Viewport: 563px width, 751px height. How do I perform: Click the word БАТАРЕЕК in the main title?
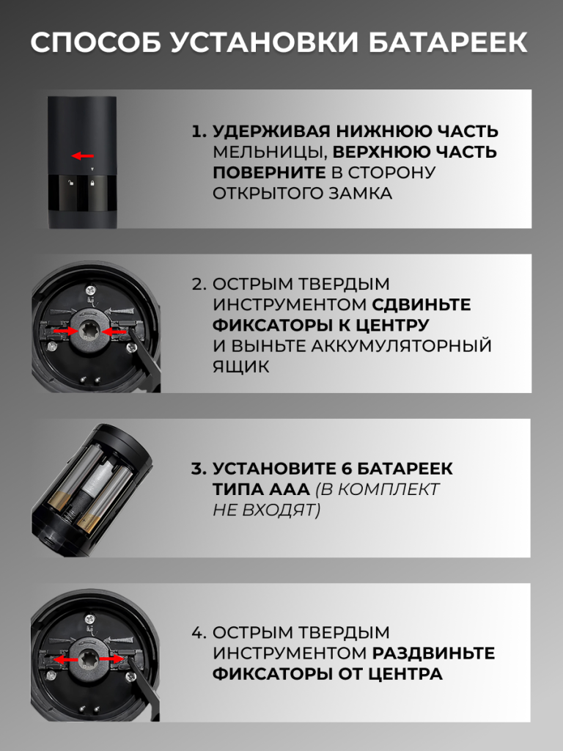[x=448, y=42]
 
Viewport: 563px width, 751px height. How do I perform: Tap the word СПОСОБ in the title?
[x=96, y=42]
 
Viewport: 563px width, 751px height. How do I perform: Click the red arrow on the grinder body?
[x=83, y=155]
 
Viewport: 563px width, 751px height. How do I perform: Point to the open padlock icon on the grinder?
[x=70, y=183]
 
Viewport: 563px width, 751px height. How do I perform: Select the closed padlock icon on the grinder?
[x=92, y=183]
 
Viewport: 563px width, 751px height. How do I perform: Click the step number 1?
[x=197, y=131]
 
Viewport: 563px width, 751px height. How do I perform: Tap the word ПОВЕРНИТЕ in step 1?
[x=269, y=172]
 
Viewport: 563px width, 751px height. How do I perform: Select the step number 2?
[x=198, y=284]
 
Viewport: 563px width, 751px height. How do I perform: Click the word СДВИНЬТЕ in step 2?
[x=422, y=304]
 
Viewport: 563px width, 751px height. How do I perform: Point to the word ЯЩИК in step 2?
[x=241, y=367]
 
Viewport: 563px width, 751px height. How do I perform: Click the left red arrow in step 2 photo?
[x=65, y=331]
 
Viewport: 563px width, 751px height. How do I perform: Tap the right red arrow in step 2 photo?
[x=115, y=331]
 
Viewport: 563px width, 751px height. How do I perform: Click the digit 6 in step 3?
[x=347, y=469]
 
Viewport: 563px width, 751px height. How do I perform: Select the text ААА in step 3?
[x=289, y=489]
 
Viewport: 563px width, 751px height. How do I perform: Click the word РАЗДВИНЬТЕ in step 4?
[x=433, y=653]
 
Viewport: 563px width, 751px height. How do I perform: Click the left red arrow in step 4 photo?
[x=66, y=660]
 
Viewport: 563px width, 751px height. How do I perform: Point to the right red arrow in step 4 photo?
[x=111, y=659]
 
